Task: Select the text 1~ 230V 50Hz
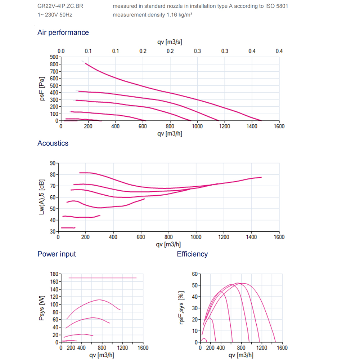click(x=55, y=15)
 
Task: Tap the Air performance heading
click(x=63, y=32)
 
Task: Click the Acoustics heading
click(x=53, y=143)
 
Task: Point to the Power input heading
click(x=57, y=254)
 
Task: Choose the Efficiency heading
click(x=192, y=254)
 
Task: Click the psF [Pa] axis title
click(x=42, y=89)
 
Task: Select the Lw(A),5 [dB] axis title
click(x=42, y=197)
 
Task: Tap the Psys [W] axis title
click(x=42, y=309)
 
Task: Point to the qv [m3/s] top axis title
click(x=170, y=42)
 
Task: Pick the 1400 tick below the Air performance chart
click(x=252, y=126)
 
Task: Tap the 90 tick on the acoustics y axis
click(x=52, y=163)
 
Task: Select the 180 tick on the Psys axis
click(x=54, y=274)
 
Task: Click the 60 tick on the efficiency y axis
click(x=194, y=274)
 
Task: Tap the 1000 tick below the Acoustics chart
click(x=196, y=237)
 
